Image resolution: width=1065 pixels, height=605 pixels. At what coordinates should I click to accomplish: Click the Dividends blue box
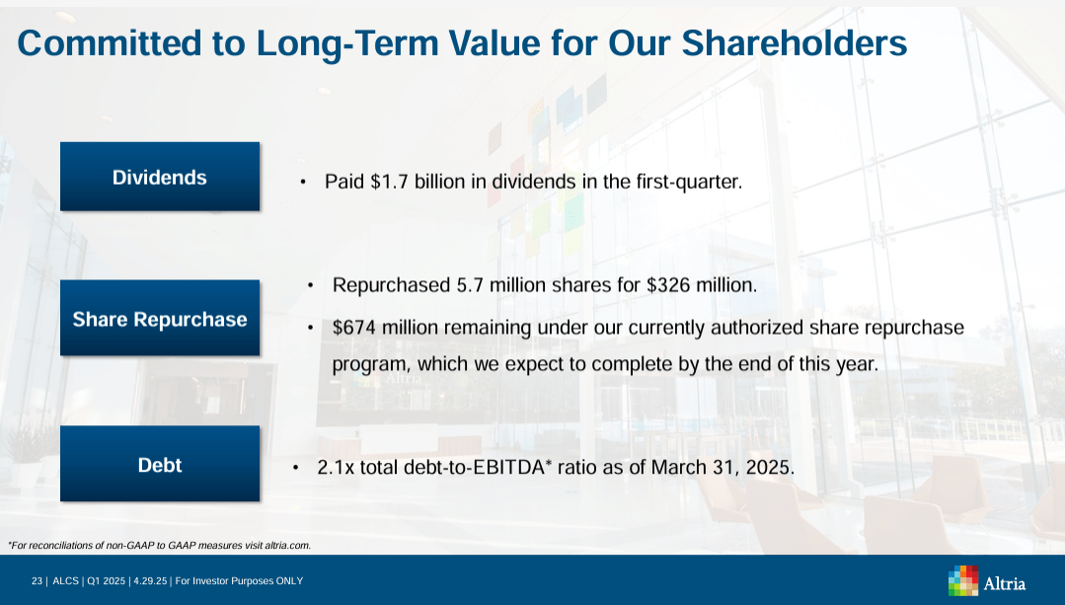click(x=160, y=177)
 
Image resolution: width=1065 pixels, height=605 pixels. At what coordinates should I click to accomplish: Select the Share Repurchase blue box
click(x=160, y=319)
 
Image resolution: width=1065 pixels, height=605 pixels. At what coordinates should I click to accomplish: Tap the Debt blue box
click(x=160, y=465)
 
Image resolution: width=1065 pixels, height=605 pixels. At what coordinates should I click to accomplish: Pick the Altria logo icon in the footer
click(x=963, y=580)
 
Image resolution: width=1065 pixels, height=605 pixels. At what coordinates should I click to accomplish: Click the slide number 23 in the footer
click(x=37, y=581)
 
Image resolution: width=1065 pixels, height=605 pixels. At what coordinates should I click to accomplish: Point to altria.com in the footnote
click(x=286, y=545)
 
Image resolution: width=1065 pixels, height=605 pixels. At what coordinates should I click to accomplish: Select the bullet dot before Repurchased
click(x=311, y=286)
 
